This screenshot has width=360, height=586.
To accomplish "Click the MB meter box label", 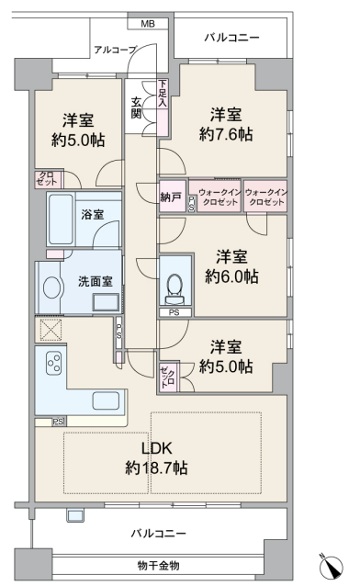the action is coord(148,24).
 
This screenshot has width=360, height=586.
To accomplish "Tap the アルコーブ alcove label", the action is coord(115,50).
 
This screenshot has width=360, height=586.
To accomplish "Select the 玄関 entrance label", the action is coord(136,107).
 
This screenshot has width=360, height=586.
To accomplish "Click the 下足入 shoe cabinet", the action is coord(163,107).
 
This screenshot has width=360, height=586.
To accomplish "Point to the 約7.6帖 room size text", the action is coord(226,134).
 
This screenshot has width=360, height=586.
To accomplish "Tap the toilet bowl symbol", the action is coord(174,287).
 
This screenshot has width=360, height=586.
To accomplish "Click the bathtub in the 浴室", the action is coord(61,219).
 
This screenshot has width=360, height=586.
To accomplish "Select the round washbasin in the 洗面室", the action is coord(51,287).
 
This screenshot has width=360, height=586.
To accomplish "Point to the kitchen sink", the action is coord(106,401).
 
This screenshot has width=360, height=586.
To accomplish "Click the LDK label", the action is coord(156,447).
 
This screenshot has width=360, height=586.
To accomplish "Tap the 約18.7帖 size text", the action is coord(156,468).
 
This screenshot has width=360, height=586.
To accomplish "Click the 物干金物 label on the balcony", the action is coord(158,566).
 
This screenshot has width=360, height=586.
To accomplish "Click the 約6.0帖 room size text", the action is coord(231,276).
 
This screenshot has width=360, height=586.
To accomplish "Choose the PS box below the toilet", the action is coord(174,312).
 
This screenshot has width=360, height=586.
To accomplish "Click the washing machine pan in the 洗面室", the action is coord(106,302).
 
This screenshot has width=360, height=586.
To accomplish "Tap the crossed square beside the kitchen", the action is coord(51,330).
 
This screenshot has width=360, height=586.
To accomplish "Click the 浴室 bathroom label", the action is coord(93,215).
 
